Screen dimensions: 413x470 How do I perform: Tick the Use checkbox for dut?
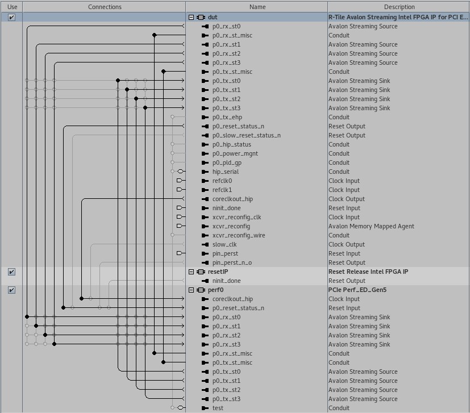[11, 18]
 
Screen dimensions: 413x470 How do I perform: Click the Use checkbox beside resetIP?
[11, 272]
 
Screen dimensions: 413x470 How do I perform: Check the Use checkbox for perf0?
[11, 290]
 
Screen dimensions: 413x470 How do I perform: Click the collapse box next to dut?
[192, 18]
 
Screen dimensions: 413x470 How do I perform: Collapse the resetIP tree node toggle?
[192, 272]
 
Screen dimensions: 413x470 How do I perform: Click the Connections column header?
[105, 7]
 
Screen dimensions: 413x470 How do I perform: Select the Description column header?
[399, 7]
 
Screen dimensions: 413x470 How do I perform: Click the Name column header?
[257, 7]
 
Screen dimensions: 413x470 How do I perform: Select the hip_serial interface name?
[225, 172]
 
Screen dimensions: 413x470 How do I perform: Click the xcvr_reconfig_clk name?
[236, 217]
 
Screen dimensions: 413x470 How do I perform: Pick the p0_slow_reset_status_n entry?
[246, 135]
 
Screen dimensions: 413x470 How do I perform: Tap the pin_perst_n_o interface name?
[232, 262]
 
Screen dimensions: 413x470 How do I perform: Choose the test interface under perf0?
[218, 408]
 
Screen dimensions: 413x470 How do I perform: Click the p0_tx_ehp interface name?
[227, 117]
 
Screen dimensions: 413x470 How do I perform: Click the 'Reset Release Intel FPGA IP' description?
[368, 272]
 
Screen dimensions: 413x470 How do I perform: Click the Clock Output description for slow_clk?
[347, 244]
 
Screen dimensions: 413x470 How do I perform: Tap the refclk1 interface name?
[222, 190]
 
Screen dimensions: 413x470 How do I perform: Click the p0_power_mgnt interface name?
[235, 153]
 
